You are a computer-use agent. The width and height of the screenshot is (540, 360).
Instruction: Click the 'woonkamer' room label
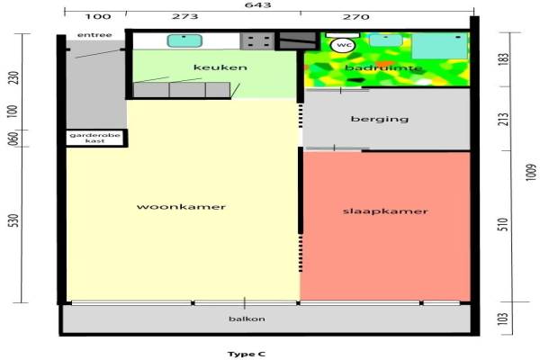click(181, 207)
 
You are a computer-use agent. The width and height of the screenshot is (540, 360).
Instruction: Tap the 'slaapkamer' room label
click(384, 211)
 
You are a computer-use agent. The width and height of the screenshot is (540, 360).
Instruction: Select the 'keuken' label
click(220, 67)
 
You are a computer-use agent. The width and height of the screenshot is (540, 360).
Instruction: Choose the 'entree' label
click(95, 35)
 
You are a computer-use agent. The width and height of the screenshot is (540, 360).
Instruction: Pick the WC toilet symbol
click(343, 44)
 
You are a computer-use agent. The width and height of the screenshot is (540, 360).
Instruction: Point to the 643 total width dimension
click(269, 6)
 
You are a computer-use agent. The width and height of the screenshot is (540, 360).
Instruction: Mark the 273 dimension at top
click(209, 16)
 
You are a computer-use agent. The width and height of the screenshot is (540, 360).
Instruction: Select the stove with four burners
click(257, 40)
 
